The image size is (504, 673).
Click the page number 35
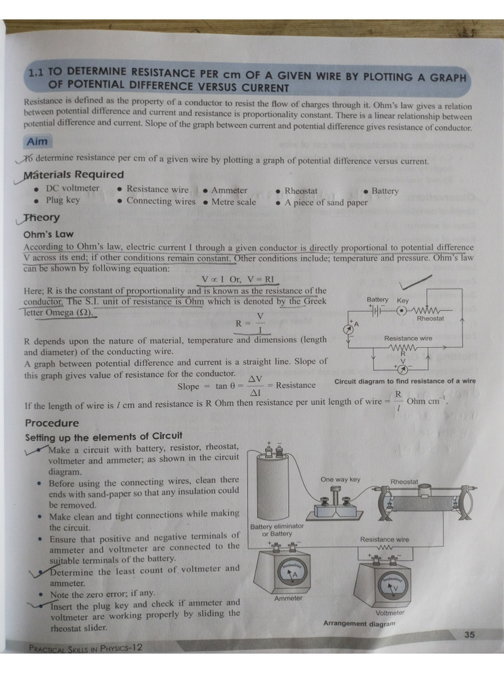pyautogui.click(x=469, y=635)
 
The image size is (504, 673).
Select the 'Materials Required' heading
pyautogui.click(x=73, y=174)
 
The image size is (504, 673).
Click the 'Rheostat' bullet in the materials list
pyautogui.click(x=301, y=191)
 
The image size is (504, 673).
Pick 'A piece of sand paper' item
pyautogui.click(x=326, y=202)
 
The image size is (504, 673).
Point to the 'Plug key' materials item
pyautogui.click(x=62, y=200)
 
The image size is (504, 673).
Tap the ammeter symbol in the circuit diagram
pyautogui.click(x=348, y=328)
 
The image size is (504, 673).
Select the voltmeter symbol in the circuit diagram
pyautogui.click(x=403, y=370)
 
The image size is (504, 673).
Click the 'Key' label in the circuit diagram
pyautogui.click(x=402, y=300)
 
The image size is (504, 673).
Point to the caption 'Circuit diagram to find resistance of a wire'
pyautogui.click(x=405, y=382)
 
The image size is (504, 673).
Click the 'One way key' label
pyautogui.click(x=340, y=479)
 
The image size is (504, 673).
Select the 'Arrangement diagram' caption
pyautogui.click(x=359, y=623)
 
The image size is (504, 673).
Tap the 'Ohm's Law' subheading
pyautogui.click(x=49, y=234)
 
